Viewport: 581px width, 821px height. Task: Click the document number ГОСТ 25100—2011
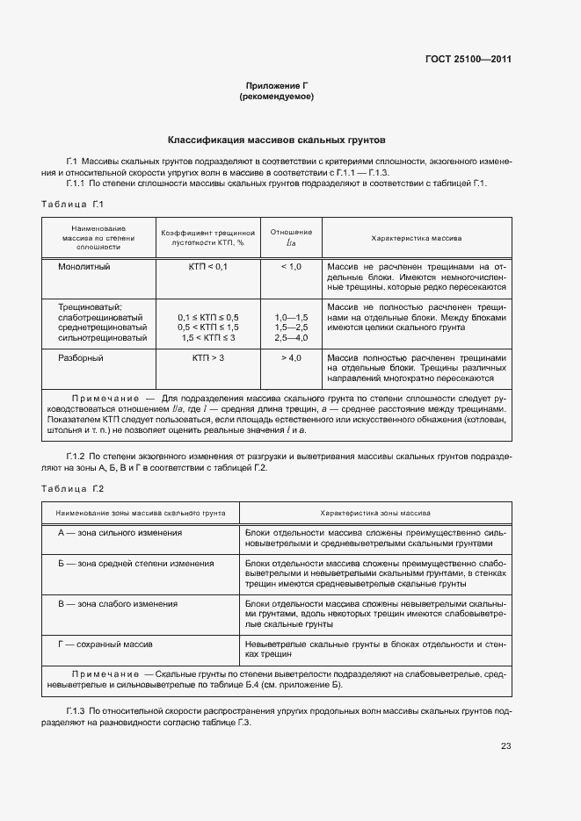(x=468, y=60)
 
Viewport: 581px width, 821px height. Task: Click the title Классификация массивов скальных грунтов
(x=276, y=140)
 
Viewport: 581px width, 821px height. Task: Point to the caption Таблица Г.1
(x=72, y=205)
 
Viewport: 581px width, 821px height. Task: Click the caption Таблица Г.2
(x=72, y=488)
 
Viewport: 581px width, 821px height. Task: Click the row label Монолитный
(x=84, y=266)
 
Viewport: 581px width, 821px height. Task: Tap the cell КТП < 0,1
(x=207, y=266)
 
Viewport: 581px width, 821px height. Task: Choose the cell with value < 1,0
(x=291, y=266)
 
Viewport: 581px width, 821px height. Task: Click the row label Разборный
(x=81, y=358)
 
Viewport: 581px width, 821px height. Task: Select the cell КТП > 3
(x=207, y=358)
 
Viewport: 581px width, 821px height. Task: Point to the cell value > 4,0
(x=291, y=358)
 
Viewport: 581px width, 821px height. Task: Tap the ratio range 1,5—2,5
(x=291, y=327)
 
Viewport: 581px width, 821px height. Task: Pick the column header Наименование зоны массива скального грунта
(x=141, y=512)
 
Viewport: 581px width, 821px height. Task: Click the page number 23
(x=505, y=746)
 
